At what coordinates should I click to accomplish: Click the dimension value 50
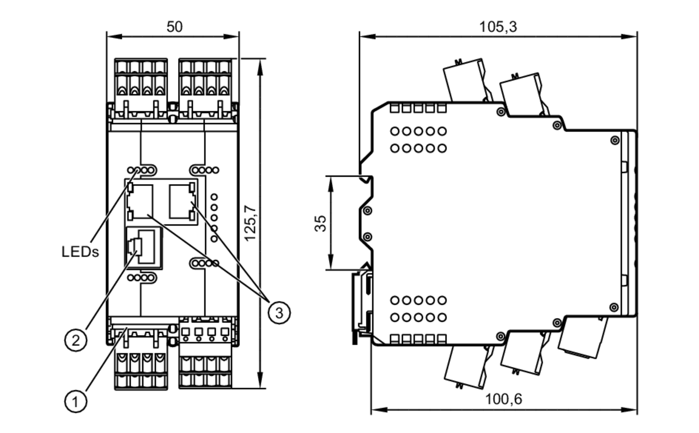174,27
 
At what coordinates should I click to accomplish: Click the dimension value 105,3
497,27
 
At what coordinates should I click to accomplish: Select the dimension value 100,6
503,399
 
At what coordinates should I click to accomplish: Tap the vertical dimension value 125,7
250,223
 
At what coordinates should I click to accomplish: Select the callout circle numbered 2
75,340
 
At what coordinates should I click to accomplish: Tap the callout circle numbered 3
279,312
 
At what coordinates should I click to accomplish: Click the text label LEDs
80,252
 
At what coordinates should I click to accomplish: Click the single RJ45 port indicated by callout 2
144,247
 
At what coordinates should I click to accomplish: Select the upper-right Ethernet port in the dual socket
181,202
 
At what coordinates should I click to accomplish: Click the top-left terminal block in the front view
141,87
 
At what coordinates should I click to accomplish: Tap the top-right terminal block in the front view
205,87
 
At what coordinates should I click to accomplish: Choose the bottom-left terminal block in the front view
141,364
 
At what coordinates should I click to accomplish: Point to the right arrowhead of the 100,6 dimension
631,410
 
